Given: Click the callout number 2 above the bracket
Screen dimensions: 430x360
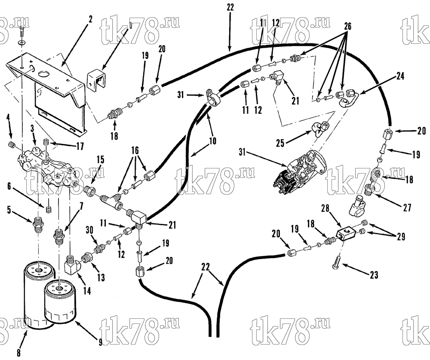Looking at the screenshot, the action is [x=90, y=19].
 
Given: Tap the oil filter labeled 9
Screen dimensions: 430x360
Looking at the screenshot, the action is [x=60, y=301].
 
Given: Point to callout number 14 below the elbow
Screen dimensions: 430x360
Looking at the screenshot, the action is [x=87, y=291].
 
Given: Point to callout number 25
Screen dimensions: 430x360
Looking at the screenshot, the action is [x=280, y=143].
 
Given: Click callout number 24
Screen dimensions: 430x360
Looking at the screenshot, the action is [x=400, y=76].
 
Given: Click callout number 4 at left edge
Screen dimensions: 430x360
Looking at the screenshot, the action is [x=9, y=118].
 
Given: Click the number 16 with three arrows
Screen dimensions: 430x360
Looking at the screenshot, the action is [x=135, y=151].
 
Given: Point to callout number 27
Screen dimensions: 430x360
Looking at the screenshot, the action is [x=407, y=207].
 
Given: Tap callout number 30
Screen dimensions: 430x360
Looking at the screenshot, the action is [x=89, y=231].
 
